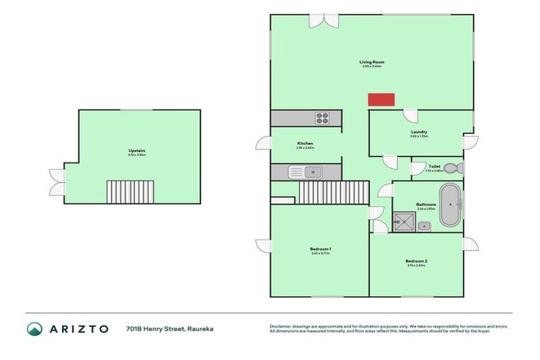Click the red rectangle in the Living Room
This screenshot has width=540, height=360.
pyautogui.click(x=382, y=100)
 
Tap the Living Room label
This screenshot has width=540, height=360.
pyautogui.click(x=372, y=63)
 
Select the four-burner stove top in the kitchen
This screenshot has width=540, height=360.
pyautogui.click(x=323, y=118)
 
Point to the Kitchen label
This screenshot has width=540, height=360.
pyautogui.click(x=304, y=143)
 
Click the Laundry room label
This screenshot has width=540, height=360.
pyautogui.click(x=419, y=132)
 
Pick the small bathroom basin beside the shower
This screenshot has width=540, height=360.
pyautogui.click(x=425, y=226)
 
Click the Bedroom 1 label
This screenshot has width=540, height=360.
pyautogui.click(x=320, y=249)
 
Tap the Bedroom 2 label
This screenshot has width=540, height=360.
pyautogui.click(x=416, y=261)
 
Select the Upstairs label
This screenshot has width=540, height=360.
pyautogui.click(x=136, y=151)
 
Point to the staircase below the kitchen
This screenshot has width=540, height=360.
pyautogui.click(x=334, y=191)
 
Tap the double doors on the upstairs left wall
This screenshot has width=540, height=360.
pyautogui.click(x=56, y=182)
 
